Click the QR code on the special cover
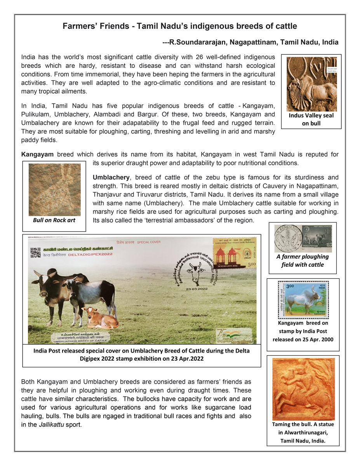(x=35, y=252)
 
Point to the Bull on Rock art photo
(x=54, y=190)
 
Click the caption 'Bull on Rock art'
(x=54, y=220)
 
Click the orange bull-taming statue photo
(x=303, y=389)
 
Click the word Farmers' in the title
(x=81, y=26)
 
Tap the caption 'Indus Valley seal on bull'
(x=311, y=119)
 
